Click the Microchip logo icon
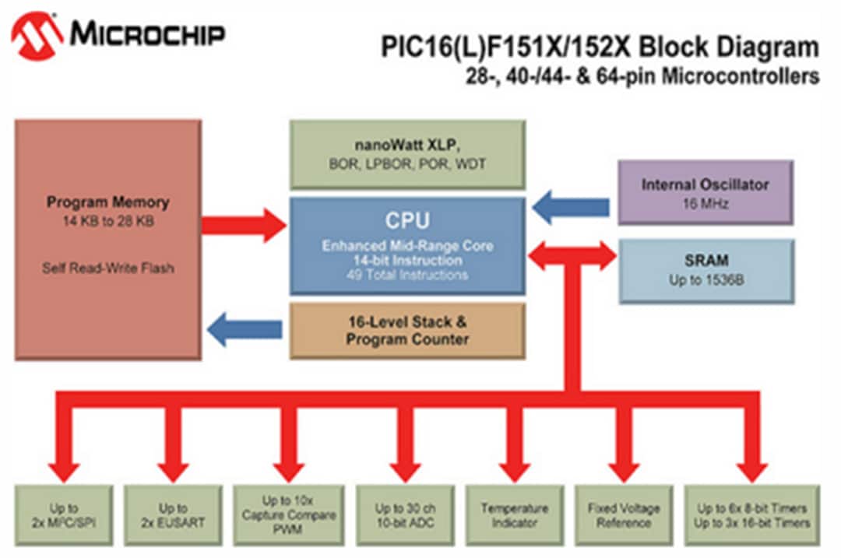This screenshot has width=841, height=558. [37, 35]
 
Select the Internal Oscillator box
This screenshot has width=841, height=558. [705, 193]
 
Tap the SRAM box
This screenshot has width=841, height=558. [706, 270]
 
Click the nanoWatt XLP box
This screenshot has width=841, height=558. [407, 154]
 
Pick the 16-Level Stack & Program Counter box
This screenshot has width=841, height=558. [407, 331]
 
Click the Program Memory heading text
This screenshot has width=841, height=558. [107, 202]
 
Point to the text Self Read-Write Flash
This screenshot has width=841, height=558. [107, 268]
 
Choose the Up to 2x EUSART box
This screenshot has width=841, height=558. [173, 515]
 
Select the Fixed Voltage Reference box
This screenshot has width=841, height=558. [624, 515]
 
